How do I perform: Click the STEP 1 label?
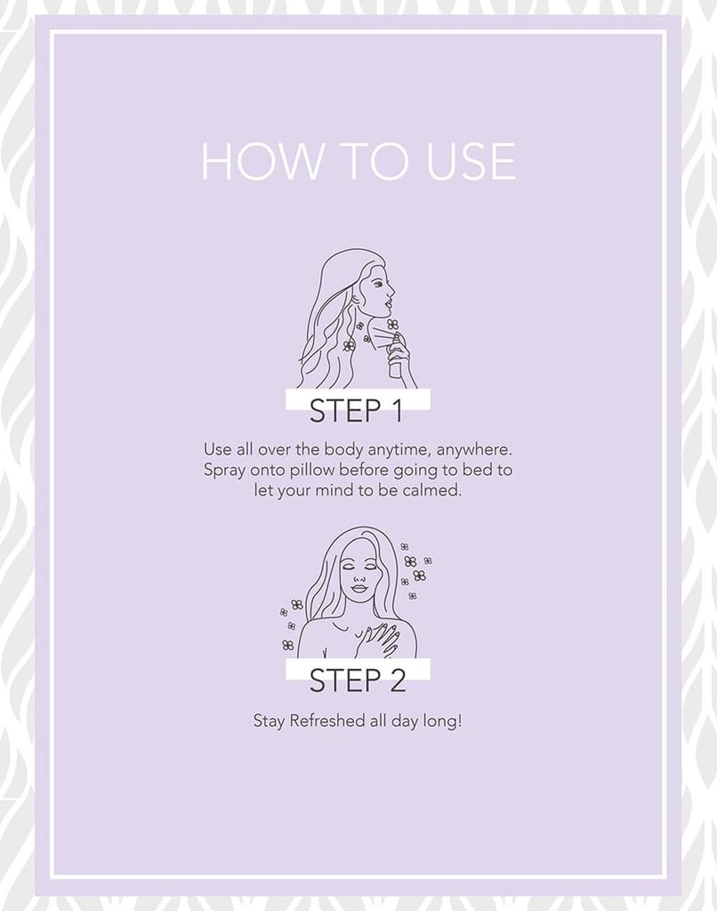tap(356, 410)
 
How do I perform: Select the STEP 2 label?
tap(357, 680)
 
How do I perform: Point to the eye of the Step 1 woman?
tap(378, 285)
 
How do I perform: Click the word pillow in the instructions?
tap(314, 470)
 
